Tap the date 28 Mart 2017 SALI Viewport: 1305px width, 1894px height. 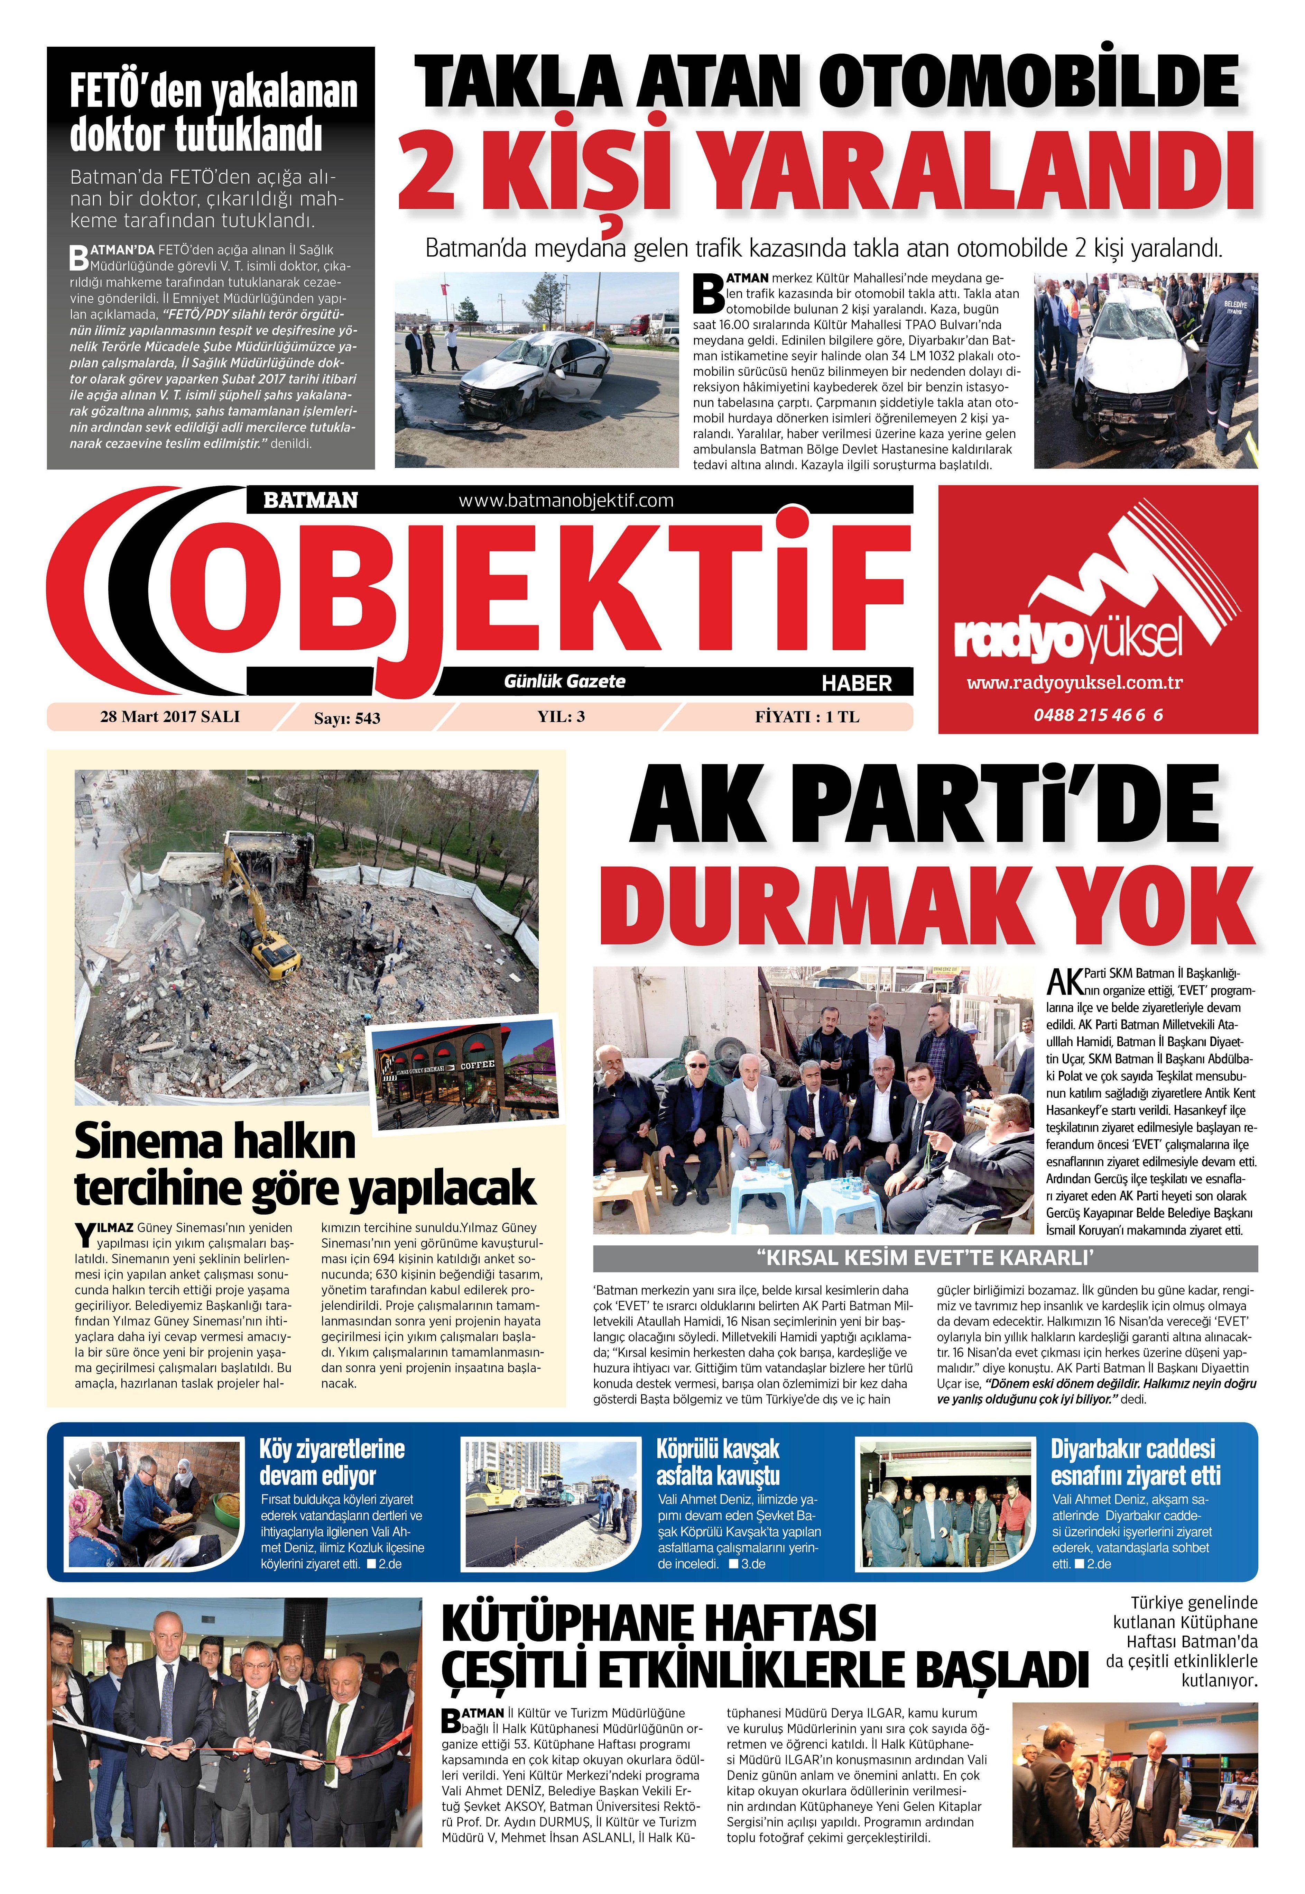pyautogui.click(x=169, y=716)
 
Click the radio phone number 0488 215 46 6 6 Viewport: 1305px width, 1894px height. pyautogui.click(x=1097, y=715)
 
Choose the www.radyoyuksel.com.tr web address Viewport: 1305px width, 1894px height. pyautogui.click(x=1074, y=683)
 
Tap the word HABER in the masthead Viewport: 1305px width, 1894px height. pyautogui.click(x=856, y=683)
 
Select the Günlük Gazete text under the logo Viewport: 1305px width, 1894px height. pyautogui.click(x=564, y=681)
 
